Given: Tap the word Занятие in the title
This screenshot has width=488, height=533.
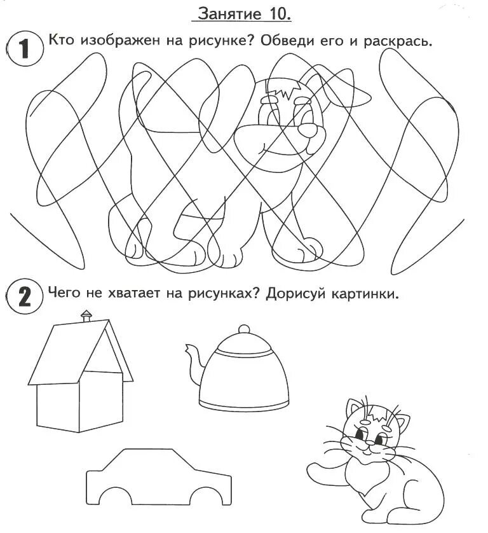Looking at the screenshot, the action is pyautogui.click(x=229, y=14).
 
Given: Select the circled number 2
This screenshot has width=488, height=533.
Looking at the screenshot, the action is pyautogui.click(x=24, y=295).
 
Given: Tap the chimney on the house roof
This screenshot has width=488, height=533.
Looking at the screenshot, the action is pyautogui.click(x=86, y=315).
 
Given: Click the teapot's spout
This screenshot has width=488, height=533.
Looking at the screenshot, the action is pyautogui.click(x=194, y=364).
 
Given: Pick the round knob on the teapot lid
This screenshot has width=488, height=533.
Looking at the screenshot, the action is pyautogui.click(x=244, y=329).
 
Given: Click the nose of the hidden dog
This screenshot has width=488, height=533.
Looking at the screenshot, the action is pyautogui.click(x=308, y=129).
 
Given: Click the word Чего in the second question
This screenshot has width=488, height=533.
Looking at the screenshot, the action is pyautogui.click(x=64, y=292).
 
